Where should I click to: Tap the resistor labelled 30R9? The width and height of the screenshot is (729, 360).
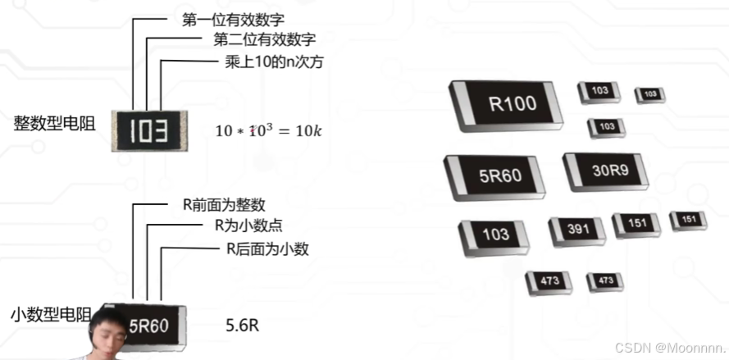[605, 171]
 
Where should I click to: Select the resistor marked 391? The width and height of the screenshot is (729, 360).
[576, 230]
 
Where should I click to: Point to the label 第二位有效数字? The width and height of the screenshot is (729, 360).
[264, 39]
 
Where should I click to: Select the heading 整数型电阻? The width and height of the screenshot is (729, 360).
[54, 124]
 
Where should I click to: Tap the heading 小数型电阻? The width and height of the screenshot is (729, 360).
[52, 314]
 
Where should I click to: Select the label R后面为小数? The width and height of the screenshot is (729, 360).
[267, 249]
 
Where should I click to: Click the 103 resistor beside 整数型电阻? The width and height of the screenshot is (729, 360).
[148, 130]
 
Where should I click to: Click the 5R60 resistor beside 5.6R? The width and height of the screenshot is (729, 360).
[150, 326]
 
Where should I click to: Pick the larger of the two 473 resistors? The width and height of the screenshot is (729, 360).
[549, 282]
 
